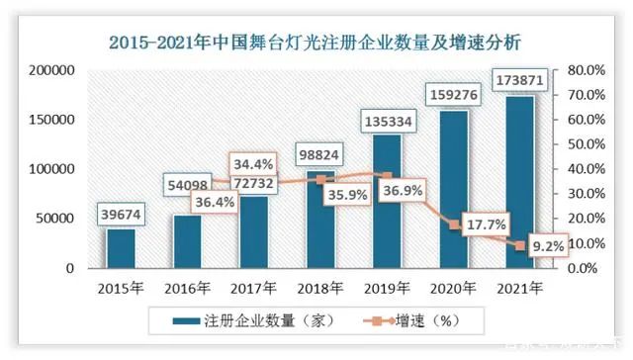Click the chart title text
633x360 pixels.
pos(316,43)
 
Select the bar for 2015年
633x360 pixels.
pos(121,247)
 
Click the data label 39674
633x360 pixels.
pos(121,215)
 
